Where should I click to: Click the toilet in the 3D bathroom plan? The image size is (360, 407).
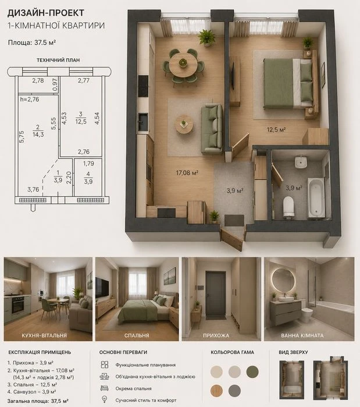click(288, 206)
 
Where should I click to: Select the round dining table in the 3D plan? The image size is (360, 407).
click(183, 65)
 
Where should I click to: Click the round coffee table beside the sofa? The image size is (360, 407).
click(184, 125)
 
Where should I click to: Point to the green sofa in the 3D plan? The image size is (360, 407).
click(212, 129)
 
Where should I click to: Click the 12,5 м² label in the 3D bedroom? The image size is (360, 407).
click(276, 129)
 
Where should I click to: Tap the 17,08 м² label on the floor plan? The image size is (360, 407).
click(187, 172)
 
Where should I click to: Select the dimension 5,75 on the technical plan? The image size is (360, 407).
click(22, 136)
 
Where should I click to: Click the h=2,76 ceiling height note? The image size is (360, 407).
click(30, 99)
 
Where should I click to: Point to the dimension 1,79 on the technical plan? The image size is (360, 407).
click(88, 164)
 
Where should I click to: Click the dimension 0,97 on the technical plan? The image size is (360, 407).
click(55, 85)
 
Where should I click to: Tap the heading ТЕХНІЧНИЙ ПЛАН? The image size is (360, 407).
click(58, 60)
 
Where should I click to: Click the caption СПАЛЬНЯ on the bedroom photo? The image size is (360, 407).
click(137, 335)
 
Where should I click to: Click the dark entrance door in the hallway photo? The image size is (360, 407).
click(216, 293)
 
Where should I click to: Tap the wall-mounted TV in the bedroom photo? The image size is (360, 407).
click(102, 288)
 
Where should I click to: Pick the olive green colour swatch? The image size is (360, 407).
click(252, 371)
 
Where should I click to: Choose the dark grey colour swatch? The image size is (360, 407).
click(234, 391)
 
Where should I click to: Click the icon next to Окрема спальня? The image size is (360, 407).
click(104, 388)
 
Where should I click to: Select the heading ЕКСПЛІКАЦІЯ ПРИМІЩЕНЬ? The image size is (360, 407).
click(40, 352)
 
